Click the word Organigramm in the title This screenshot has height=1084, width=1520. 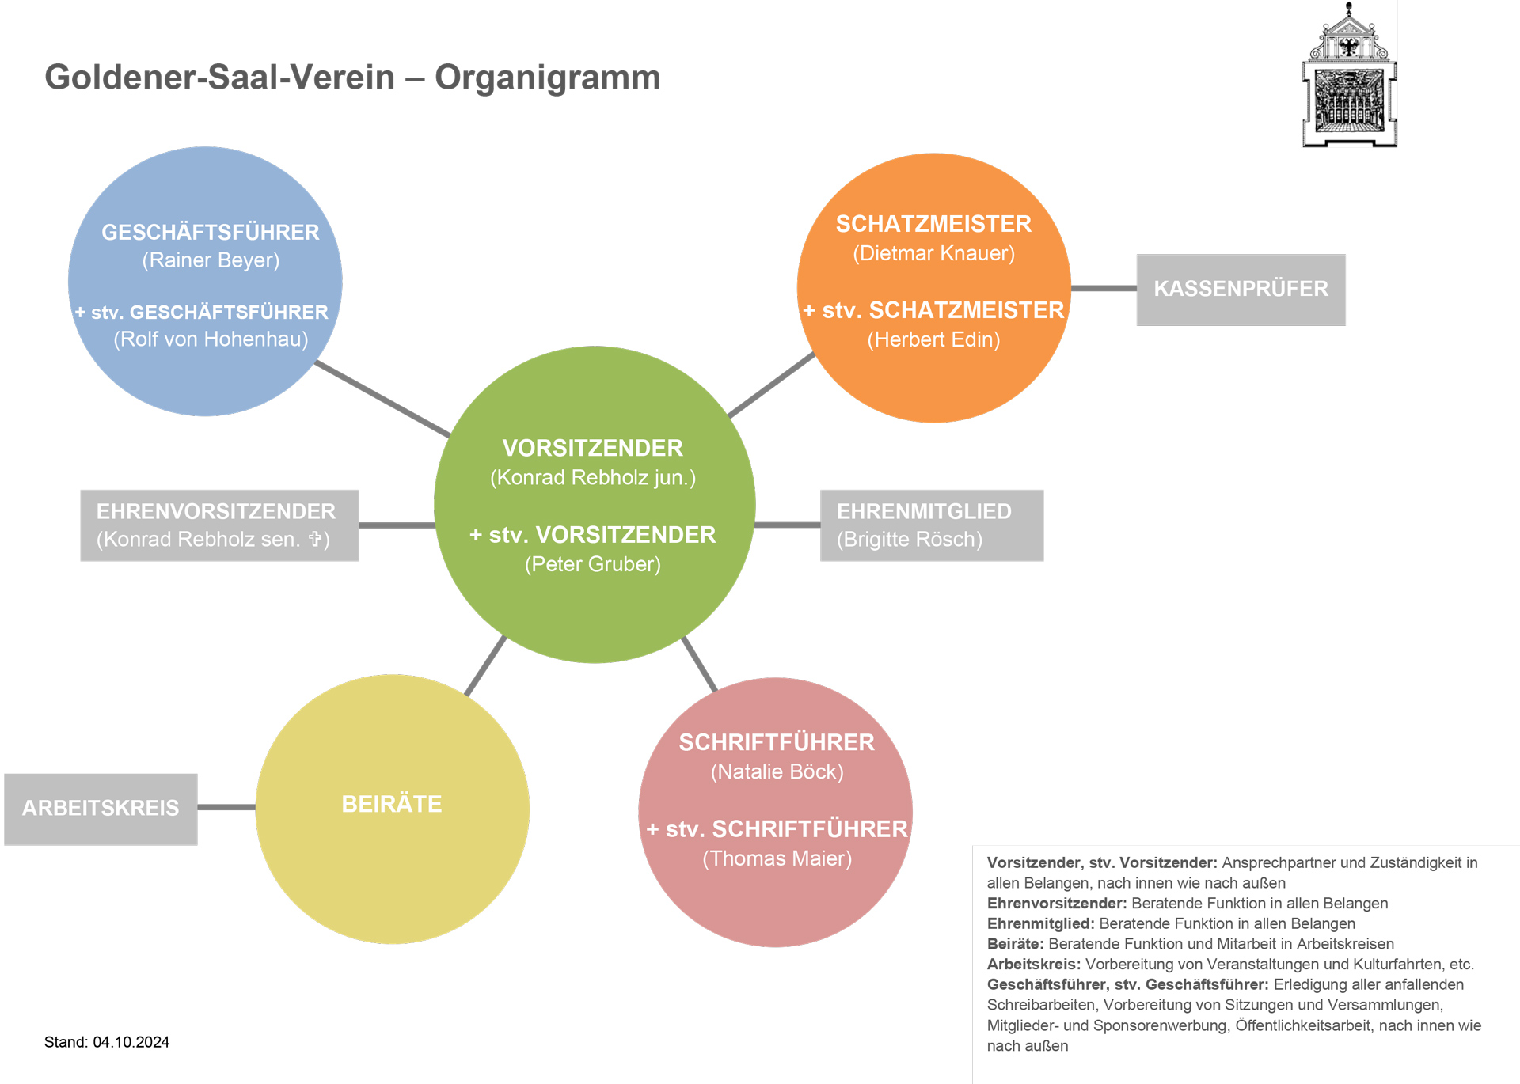pyautogui.click(x=547, y=78)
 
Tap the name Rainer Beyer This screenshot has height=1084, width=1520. pyautogui.click(x=211, y=260)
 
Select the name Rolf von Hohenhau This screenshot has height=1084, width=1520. pyautogui.click(x=211, y=339)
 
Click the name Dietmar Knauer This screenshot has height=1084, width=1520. pyautogui.click(x=933, y=253)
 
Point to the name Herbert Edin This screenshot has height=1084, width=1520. pyautogui.click(x=933, y=340)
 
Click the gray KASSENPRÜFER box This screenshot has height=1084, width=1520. pyautogui.click(x=1241, y=289)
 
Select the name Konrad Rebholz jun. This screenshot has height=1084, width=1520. pyautogui.click(x=592, y=478)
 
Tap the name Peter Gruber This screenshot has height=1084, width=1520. pyautogui.click(x=592, y=564)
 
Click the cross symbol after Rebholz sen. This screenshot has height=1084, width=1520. pyautogui.click(x=315, y=539)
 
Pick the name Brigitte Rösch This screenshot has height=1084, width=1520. pyautogui.click(x=910, y=540)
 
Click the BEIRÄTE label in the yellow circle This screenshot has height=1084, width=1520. pyautogui.click(x=392, y=804)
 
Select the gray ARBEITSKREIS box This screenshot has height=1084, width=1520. pyautogui.click(x=101, y=808)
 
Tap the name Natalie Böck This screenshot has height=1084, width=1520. pyautogui.click(x=777, y=772)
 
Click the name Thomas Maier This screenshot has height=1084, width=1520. pyautogui.click(x=777, y=858)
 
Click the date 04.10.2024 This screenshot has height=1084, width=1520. pyautogui.click(x=131, y=1042)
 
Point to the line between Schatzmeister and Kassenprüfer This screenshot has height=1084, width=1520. pyautogui.click(x=1104, y=289)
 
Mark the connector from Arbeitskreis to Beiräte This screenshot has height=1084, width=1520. pyautogui.click(x=226, y=807)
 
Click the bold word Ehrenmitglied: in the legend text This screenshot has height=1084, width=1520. pyautogui.click(x=1040, y=923)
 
